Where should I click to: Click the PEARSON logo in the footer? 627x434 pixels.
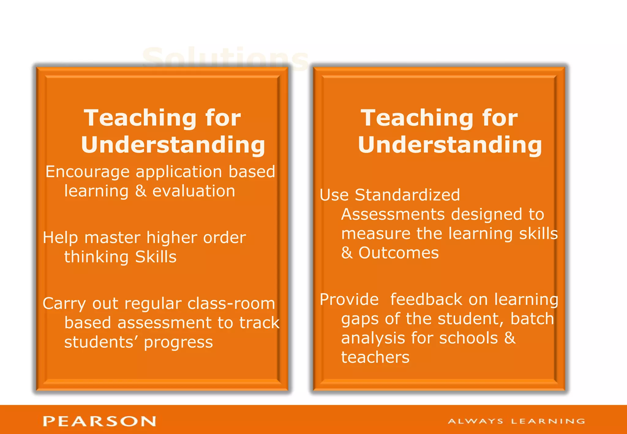tap(99, 421)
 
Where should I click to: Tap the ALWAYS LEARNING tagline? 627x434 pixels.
tap(516, 421)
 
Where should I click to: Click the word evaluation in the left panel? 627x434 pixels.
tap(194, 191)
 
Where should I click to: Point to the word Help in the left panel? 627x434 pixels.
tap(60, 238)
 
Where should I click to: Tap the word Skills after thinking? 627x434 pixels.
tap(156, 257)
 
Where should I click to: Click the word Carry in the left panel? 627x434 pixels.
tap(64, 304)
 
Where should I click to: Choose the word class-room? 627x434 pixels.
tap(231, 304)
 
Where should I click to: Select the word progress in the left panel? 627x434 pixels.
tap(178, 342)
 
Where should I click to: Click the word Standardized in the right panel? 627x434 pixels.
tap(407, 195)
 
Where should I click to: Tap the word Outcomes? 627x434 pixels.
tap(399, 253)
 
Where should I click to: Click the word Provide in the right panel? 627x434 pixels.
tap(349, 300)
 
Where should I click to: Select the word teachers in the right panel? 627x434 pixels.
tap(375, 357)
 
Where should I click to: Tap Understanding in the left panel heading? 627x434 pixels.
tap(173, 144)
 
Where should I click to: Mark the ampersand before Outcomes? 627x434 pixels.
tap(347, 253)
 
